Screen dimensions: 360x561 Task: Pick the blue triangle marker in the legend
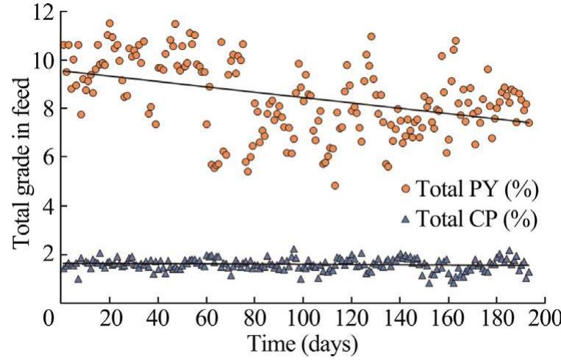click(405, 218)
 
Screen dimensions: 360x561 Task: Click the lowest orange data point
click(335, 186)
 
